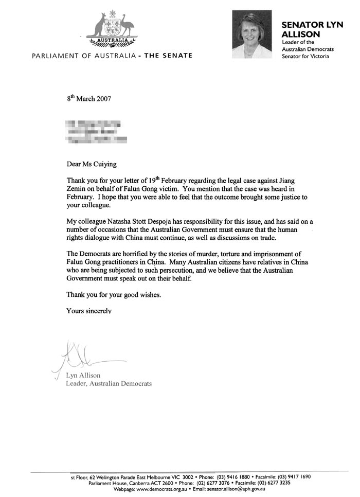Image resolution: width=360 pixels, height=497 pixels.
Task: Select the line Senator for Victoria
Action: point(305,57)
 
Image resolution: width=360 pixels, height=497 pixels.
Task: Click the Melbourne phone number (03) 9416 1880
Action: point(236,477)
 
